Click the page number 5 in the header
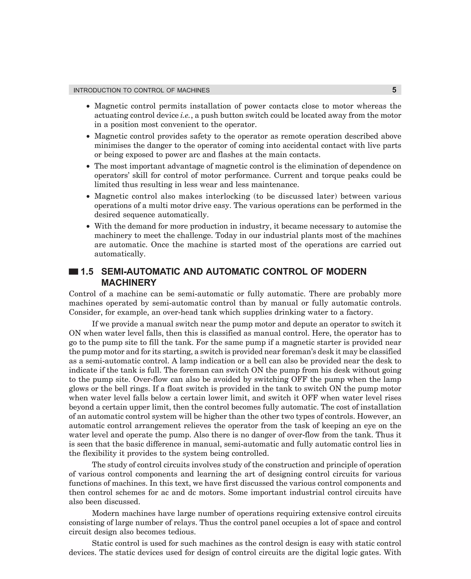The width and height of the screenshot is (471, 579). (394, 90)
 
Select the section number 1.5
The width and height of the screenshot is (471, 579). (87, 272)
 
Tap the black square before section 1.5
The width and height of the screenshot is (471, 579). (74, 272)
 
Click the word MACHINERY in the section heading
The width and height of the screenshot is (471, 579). (129, 283)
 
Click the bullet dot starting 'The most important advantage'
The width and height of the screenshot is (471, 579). (88, 166)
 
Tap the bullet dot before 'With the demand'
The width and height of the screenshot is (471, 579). (88, 226)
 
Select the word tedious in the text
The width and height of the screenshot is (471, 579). (181, 532)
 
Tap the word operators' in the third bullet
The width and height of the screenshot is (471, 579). (110, 176)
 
